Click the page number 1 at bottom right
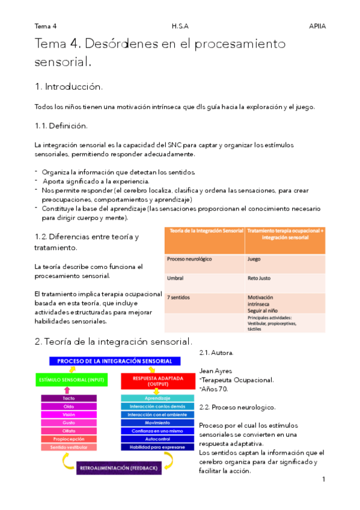(x=323, y=479)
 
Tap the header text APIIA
(x=317, y=26)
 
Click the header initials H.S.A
(x=180, y=26)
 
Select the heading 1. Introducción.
(x=69, y=87)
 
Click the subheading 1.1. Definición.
(x=61, y=126)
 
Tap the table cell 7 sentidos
(x=178, y=298)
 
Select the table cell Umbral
(x=175, y=278)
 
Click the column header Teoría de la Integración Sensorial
(x=204, y=231)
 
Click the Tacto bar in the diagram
(x=69, y=398)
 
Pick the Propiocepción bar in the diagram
(x=69, y=439)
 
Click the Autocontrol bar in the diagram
(x=157, y=439)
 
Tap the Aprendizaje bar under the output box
(x=157, y=398)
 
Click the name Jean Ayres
(x=215, y=371)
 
